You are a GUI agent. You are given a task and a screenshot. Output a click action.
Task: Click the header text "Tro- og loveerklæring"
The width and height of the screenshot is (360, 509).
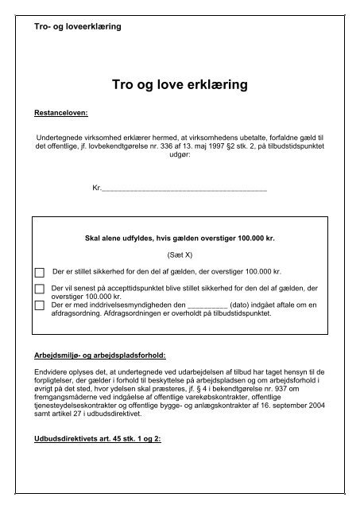[72, 26]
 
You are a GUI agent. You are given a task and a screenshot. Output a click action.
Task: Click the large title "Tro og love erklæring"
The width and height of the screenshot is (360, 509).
[180, 83]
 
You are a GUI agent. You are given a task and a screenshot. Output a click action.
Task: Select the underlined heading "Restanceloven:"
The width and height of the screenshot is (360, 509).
[60, 113]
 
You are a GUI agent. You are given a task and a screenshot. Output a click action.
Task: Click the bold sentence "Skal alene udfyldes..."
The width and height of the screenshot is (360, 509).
[185, 238]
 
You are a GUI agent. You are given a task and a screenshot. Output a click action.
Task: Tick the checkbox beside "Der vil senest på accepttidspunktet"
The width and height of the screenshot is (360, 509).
[40, 289]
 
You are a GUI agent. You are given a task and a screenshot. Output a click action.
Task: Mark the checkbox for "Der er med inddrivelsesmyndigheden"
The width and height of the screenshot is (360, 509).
[40, 306]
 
